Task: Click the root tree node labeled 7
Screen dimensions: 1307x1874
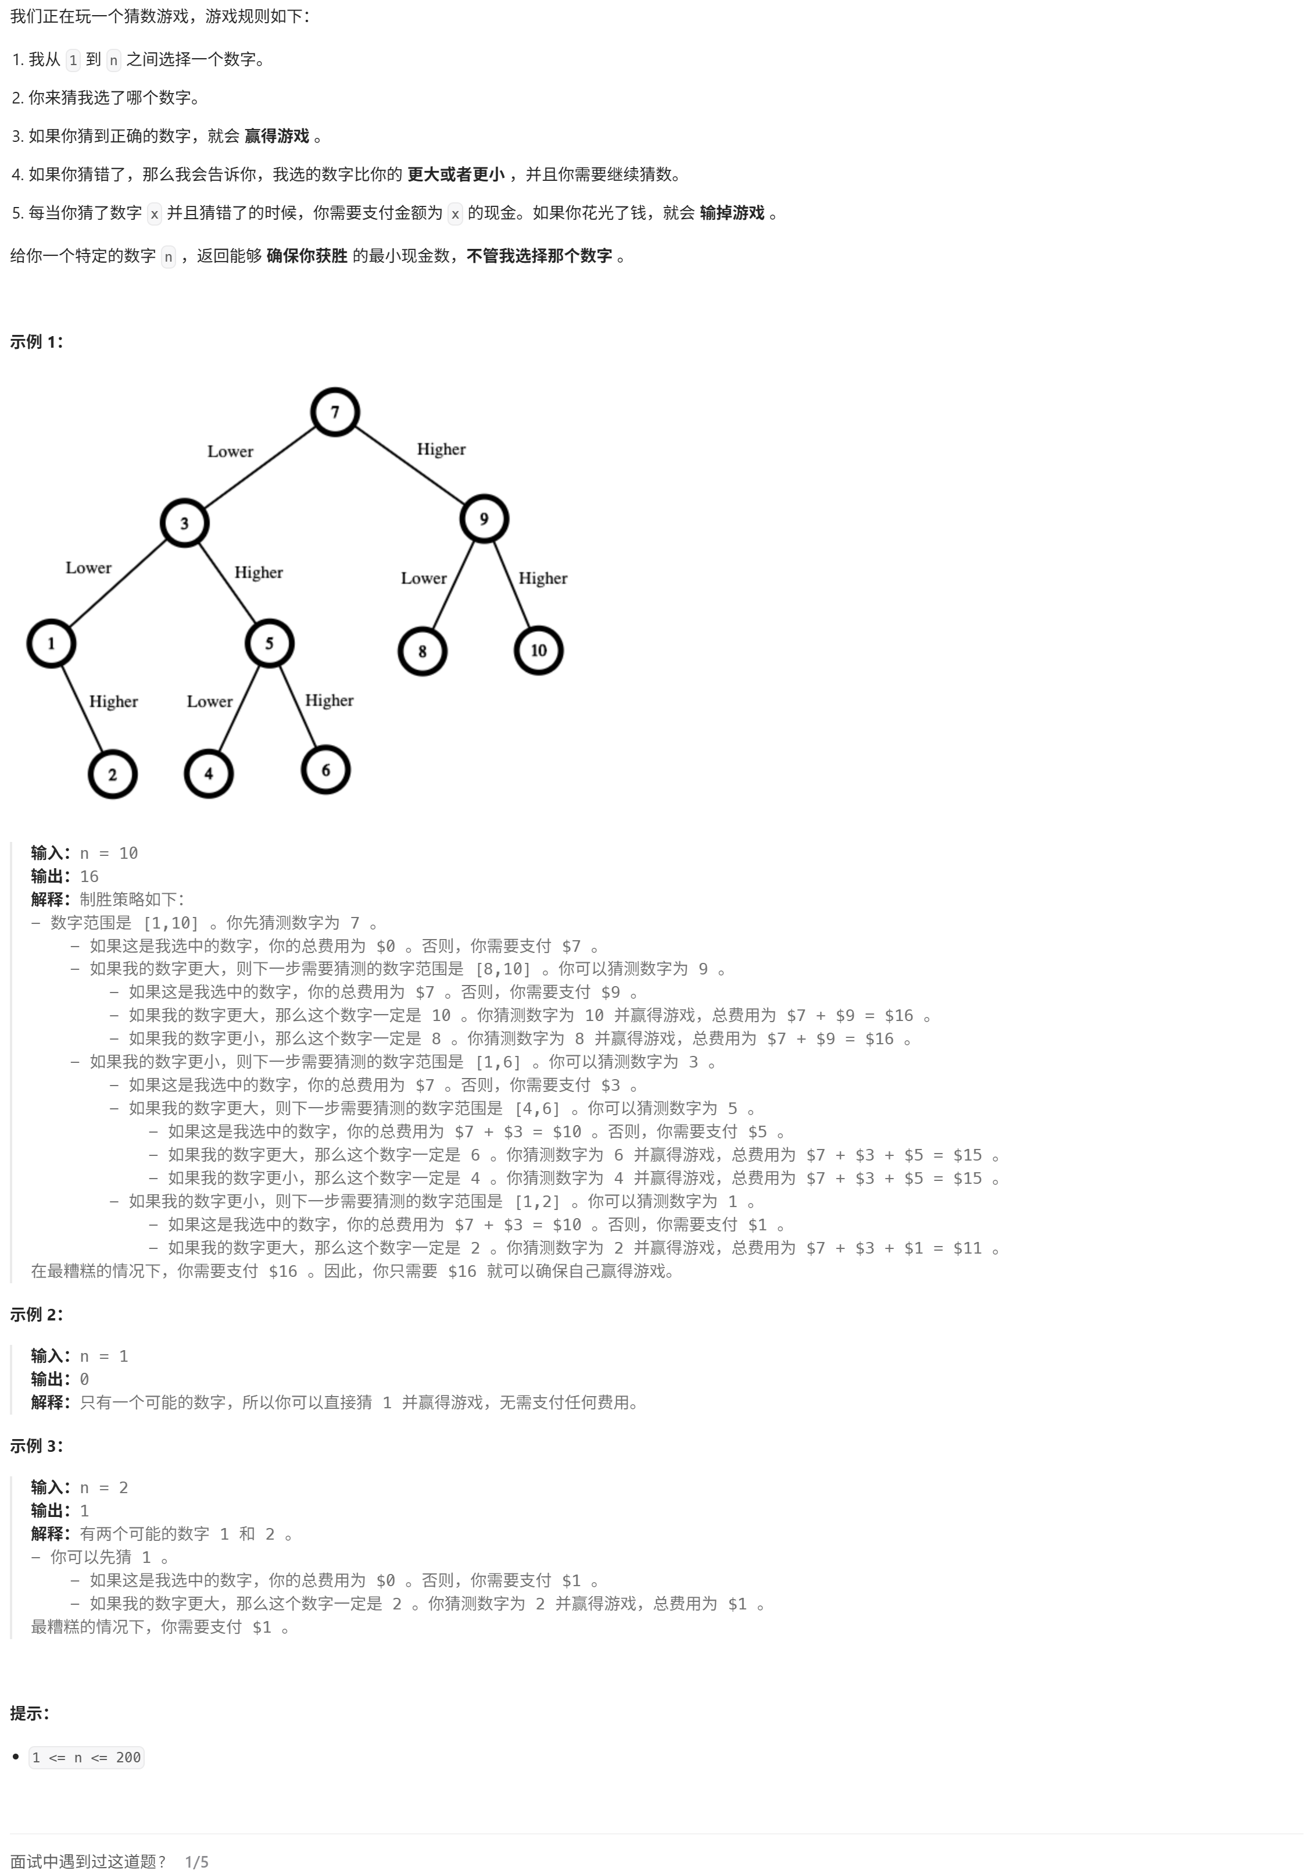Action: (335, 412)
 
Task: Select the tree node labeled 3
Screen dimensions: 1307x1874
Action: (184, 523)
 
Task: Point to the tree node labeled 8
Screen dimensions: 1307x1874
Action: (422, 651)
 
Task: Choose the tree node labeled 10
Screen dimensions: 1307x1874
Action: (539, 651)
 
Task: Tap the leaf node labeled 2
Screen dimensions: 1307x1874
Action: (113, 774)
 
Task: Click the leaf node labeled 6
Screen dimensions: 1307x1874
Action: (325, 770)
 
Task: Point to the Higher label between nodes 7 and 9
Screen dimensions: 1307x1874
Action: (441, 449)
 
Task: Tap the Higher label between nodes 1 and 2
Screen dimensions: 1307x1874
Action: (113, 702)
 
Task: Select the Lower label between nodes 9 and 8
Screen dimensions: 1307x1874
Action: (424, 579)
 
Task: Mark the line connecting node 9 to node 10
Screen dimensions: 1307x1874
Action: (511, 585)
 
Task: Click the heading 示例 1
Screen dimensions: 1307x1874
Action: (37, 342)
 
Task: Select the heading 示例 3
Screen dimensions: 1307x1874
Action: (37, 1445)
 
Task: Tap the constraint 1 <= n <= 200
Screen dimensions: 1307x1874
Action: (87, 1757)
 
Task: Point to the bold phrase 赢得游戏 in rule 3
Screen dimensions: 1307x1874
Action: (277, 136)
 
